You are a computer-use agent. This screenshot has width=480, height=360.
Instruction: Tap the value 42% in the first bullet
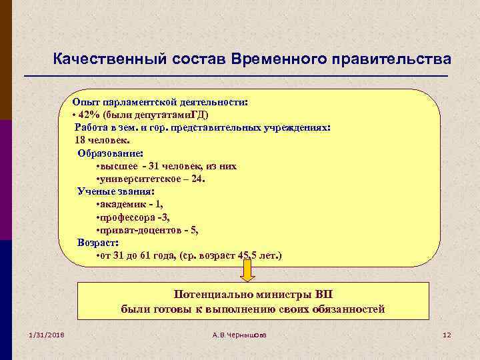coord(89,115)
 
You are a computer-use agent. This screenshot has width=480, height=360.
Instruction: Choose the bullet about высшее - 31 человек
coord(166,166)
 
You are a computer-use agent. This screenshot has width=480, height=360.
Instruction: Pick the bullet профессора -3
coord(133,217)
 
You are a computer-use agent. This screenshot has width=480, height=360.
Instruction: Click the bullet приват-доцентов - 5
coord(147,229)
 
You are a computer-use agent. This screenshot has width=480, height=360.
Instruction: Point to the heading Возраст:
coord(99,242)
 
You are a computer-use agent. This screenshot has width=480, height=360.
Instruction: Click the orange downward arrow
coord(247,271)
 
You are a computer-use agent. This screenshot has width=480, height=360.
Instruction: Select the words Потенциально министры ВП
coord(252,294)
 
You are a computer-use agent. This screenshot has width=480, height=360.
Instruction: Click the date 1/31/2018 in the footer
coord(46,334)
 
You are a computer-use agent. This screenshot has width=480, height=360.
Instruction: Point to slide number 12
coord(447,334)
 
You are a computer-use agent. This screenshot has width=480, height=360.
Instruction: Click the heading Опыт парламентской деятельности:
coord(160,102)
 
